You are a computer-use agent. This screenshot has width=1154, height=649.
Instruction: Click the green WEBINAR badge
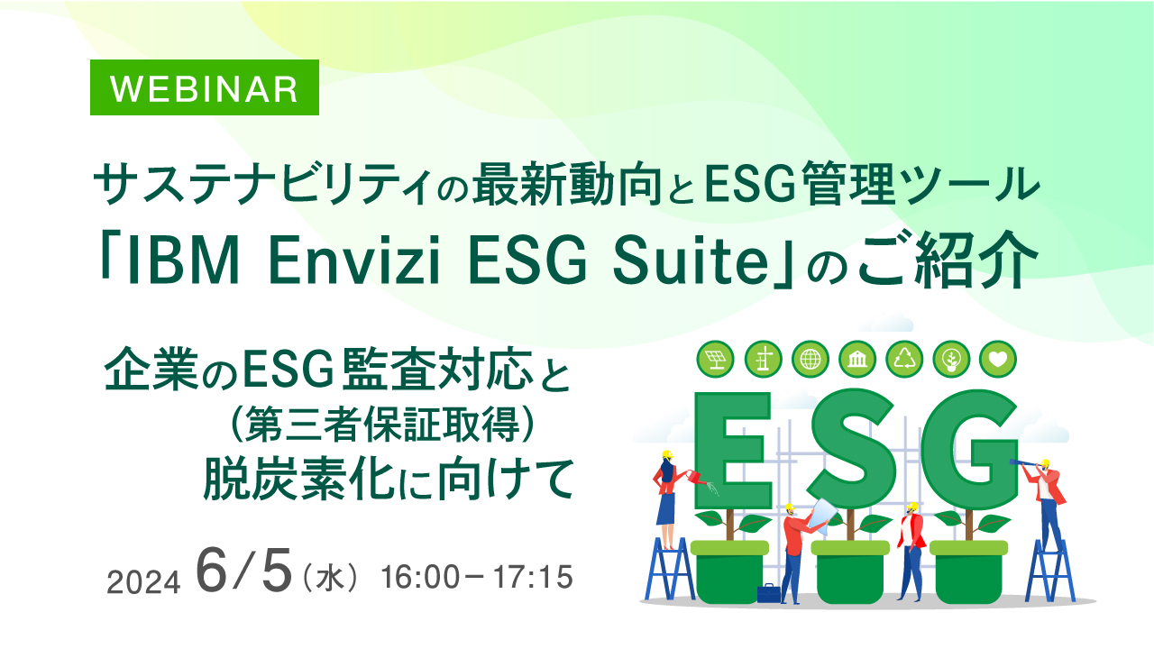tap(204, 87)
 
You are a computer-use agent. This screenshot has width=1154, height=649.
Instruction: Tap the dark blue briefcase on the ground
tap(768, 593)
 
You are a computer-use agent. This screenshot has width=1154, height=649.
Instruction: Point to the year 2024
tap(144, 582)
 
